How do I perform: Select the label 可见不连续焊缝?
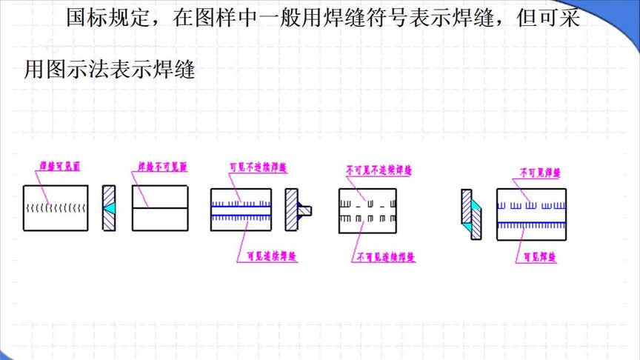[258, 167]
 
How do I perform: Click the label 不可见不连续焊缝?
[379, 170]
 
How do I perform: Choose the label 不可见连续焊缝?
[386, 259]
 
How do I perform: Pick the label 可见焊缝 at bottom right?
[540, 259]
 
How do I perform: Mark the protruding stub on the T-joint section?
[307, 210]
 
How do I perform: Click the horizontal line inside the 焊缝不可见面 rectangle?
[160, 207]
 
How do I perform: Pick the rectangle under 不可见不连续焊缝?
[368, 210]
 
